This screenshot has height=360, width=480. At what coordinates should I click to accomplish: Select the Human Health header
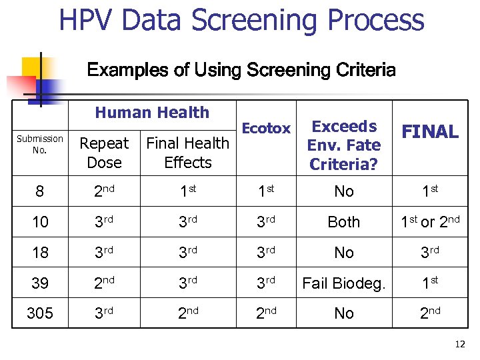click(x=152, y=113)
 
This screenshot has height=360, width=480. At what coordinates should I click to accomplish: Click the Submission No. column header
click(x=40, y=143)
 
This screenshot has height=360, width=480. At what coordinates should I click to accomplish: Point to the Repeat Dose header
click(x=104, y=153)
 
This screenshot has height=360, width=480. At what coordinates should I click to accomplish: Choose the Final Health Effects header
click(x=187, y=153)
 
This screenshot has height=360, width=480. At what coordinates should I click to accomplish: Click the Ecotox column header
click(x=266, y=129)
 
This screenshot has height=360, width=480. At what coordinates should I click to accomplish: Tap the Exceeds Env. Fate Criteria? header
click(x=344, y=145)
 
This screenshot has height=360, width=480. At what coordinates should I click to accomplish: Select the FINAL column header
click(x=430, y=132)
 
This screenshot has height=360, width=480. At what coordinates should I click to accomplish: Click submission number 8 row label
click(x=40, y=192)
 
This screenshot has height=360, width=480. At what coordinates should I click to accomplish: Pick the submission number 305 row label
click(x=40, y=313)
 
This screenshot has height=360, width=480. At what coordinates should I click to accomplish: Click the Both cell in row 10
click(x=344, y=223)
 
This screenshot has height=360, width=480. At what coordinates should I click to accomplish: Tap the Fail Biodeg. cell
click(x=344, y=283)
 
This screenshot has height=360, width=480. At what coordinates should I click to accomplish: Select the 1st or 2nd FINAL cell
click(x=430, y=222)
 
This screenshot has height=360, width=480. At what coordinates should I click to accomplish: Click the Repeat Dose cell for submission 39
click(x=104, y=283)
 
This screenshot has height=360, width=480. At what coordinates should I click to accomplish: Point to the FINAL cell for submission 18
click(x=430, y=253)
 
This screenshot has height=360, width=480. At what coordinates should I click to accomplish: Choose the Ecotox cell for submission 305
click(x=266, y=313)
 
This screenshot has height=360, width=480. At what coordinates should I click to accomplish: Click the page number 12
click(x=459, y=344)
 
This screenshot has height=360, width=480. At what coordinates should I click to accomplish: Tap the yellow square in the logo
click(x=32, y=67)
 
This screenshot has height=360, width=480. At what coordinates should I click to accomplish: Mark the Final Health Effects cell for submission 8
click(x=187, y=191)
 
